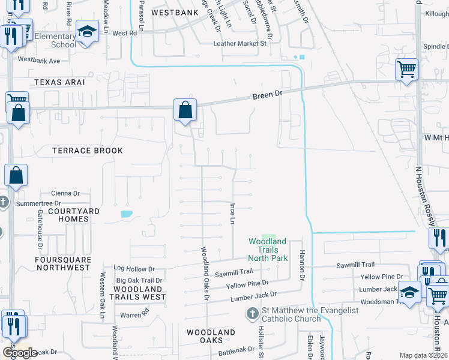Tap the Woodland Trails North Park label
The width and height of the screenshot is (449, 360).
268,250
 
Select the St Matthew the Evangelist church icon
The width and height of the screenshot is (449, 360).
253,314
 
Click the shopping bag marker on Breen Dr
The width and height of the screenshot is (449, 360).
185,110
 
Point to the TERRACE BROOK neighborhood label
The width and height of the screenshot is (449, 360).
88,151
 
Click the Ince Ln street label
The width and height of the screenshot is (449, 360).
232,214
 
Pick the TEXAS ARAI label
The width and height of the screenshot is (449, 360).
59,82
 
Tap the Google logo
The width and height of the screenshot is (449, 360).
20,353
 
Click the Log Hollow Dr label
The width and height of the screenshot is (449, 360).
134,269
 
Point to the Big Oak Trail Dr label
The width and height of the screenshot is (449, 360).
139,280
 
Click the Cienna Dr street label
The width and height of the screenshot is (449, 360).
65,193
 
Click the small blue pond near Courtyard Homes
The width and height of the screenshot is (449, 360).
127,214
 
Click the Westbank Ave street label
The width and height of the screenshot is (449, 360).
39,61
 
